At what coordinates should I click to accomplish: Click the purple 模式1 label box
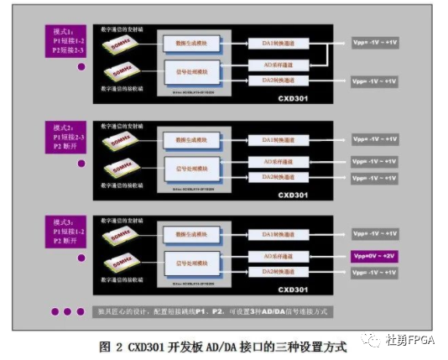point(66,41)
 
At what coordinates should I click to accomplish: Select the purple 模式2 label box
point(66,137)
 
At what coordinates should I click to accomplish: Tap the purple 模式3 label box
point(66,230)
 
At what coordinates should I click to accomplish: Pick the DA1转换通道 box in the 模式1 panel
point(278,43)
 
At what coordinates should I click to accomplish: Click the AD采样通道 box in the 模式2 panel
point(278,161)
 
